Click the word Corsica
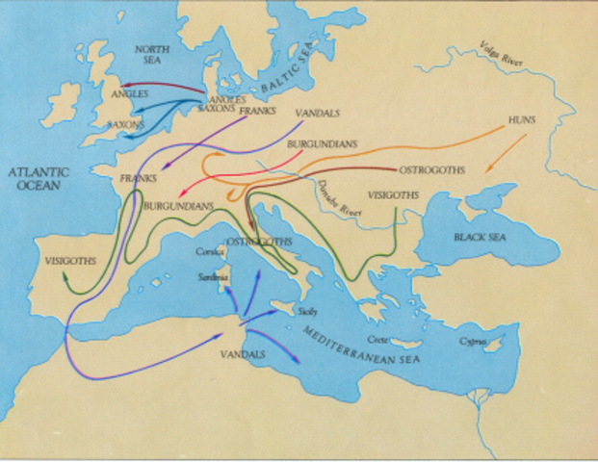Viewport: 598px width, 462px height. [x=210, y=252]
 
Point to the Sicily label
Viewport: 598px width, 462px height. [x=307, y=312]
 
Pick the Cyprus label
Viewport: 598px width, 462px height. [x=473, y=341]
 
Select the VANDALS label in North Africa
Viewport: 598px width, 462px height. [x=235, y=354]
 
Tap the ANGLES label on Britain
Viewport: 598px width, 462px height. [x=128, y=94]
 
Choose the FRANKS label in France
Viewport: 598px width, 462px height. [x=138, y=179]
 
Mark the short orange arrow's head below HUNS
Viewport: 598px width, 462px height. [x=484, y=173]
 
